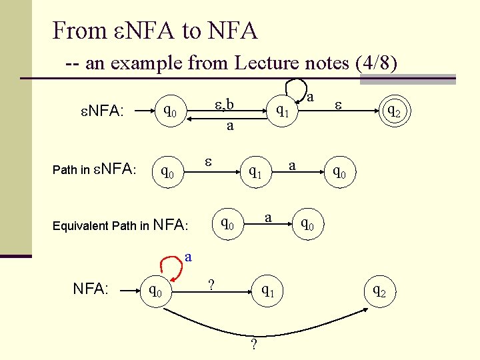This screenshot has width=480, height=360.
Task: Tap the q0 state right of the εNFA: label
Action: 170,109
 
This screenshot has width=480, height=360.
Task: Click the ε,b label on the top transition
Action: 223,104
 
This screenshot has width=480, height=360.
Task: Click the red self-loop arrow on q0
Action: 172,269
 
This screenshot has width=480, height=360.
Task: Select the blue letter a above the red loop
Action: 189,255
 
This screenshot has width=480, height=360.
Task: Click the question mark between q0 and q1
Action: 211,284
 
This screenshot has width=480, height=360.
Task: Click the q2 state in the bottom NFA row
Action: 378,290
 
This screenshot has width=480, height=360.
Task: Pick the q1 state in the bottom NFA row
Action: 267,290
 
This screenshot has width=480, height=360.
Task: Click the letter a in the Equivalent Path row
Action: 267,217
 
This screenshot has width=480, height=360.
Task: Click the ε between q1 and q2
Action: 338,105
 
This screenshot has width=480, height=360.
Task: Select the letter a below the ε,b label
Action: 229,125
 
